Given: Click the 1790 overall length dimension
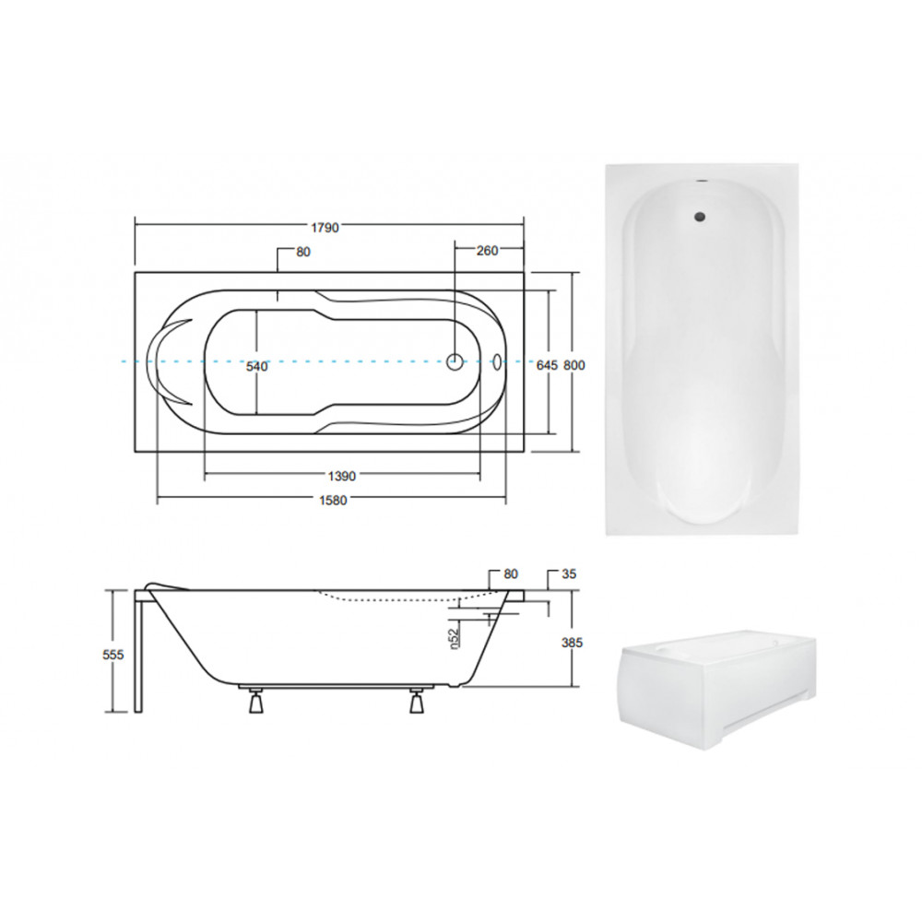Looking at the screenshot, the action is click(325, 227).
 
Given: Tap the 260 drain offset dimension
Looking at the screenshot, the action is click(487, 251).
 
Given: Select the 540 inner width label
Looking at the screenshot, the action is click(257, 366).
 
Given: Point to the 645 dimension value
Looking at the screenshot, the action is click(547, 365).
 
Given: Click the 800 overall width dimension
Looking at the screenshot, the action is click(574, 365).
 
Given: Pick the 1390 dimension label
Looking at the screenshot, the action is click(342, 476).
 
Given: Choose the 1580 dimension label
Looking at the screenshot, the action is click(333, 501).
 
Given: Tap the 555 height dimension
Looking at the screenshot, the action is click(112, 655).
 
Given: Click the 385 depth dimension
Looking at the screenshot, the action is click(572, 642).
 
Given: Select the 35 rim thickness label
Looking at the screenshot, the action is click(569, 573).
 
